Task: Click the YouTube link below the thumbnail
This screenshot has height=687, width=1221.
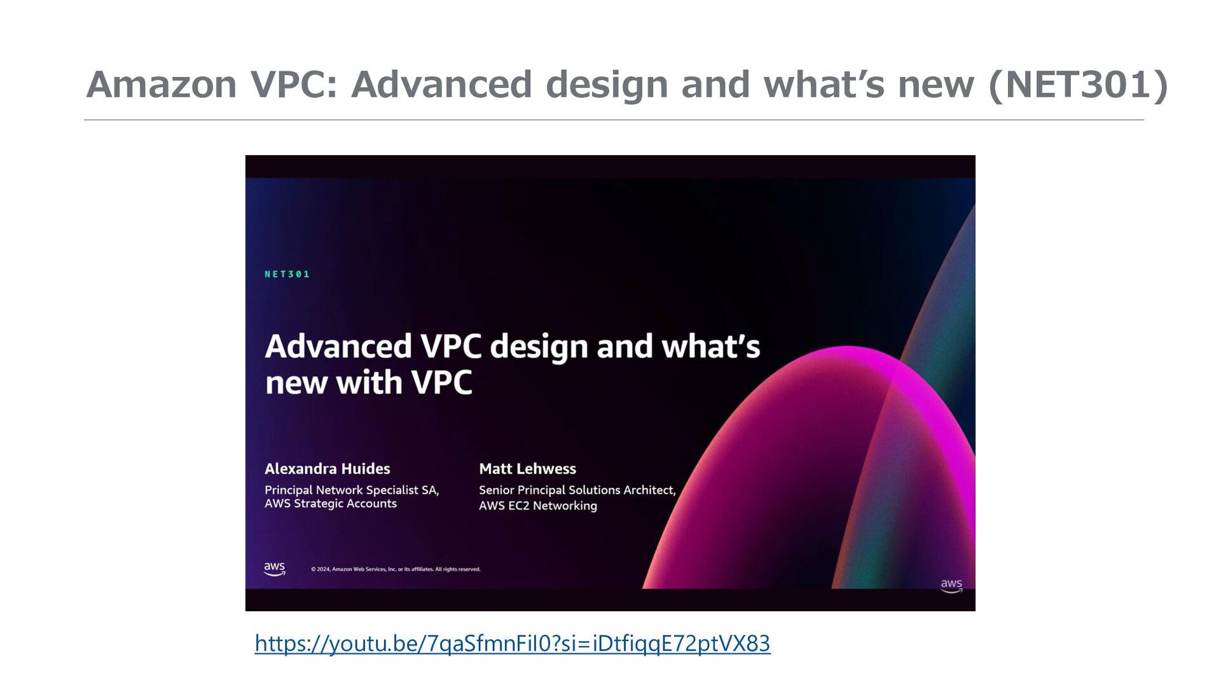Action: pos(513,644)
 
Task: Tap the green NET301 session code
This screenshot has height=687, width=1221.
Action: pos(287,274)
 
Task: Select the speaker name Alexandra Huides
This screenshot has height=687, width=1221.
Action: pos(328,469)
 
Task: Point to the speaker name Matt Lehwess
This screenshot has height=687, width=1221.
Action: pos(527,469)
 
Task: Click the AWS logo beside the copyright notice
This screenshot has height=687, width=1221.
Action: pos(275,569)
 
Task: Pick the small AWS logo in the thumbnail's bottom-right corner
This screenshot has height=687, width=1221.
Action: pos(951,585)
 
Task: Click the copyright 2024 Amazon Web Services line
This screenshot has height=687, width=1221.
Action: pos(396,569)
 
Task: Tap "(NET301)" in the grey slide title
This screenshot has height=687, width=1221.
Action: pos(1079,85)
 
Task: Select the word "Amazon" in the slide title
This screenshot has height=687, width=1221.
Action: pos(162,85)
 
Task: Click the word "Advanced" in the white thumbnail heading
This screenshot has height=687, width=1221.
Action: pos(338,347)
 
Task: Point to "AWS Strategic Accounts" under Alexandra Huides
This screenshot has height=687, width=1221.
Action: pos(331,504)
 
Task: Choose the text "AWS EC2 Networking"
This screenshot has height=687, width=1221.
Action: pos(538,506)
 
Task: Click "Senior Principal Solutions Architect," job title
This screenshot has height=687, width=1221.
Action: pos(577,490)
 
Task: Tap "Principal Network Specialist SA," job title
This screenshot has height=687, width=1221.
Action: pos(352,490)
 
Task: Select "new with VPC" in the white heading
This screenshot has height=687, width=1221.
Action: pos(369,383)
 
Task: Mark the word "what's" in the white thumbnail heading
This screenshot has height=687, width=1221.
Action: pos(711,347)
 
